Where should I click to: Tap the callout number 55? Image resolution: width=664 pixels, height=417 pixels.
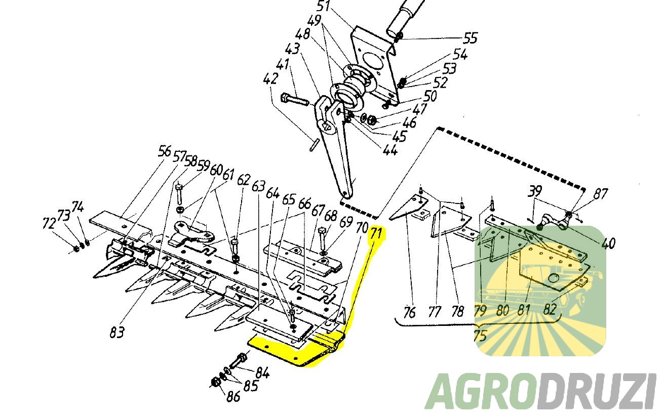coord(471,38)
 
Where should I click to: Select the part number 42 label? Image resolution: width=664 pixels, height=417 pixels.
coord(270,79)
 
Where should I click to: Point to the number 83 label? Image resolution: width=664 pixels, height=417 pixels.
coord(117,332)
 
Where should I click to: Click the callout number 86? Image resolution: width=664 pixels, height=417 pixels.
coord(233,397)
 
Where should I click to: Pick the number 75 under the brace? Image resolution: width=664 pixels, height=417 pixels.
coord(480,336)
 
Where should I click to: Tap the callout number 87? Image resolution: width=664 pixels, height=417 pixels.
coord(601,194)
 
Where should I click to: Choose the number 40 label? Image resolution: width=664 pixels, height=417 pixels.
coord(609,243)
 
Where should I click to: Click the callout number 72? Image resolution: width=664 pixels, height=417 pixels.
coord(49,223)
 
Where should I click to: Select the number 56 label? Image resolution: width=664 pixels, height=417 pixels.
coord(165,151)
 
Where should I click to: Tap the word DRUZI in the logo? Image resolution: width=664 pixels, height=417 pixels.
coord(597,392)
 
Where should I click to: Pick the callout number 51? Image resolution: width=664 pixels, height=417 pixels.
coord(323,6)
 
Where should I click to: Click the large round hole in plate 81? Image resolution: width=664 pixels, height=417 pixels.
coord(553,278)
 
